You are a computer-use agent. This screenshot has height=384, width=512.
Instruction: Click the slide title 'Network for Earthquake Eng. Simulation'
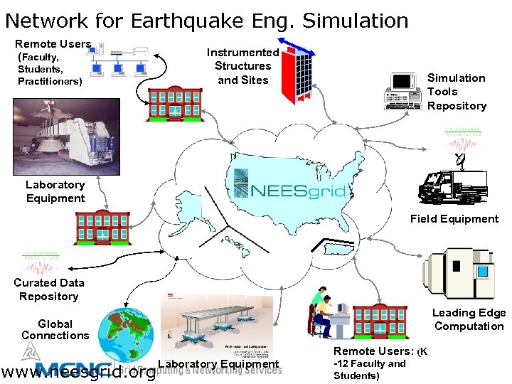click(207, 21)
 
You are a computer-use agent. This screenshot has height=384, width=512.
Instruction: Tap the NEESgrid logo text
click(299, 191)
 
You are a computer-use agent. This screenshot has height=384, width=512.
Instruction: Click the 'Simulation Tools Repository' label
click(457, 92)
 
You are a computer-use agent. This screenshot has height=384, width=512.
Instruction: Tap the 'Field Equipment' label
click(454, 219)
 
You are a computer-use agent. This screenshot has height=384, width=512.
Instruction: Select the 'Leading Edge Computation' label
click(469, 319)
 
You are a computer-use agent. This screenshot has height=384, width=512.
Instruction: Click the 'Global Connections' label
click(55, 329)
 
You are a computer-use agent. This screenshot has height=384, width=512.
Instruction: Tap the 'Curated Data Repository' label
click(49, 289)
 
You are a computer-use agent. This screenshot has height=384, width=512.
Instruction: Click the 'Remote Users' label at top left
click(53, 44)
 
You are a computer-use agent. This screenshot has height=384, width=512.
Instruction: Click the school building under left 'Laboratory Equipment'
click(104, 228)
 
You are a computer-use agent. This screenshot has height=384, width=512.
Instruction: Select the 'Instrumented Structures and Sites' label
click(242, 66)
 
